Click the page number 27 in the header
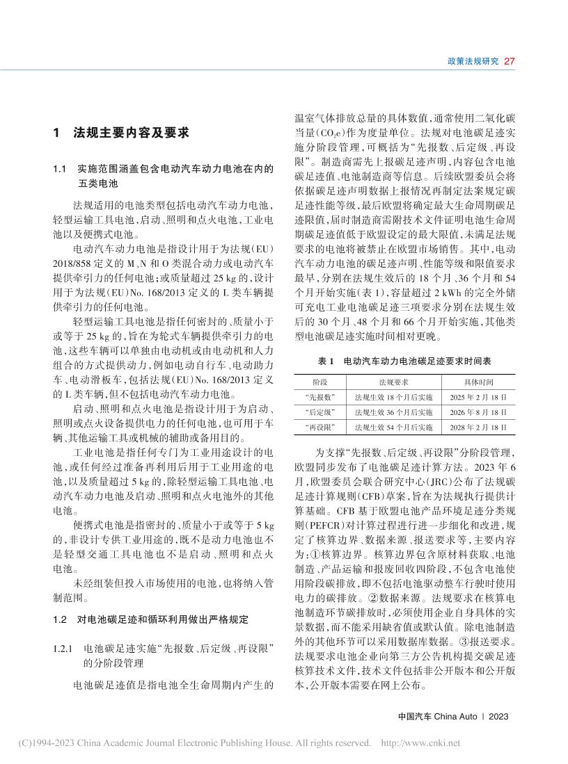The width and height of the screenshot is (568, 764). pyautogui.click(x=508, y=61)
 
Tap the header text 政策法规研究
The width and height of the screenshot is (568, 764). pyautogui.click(x=472, y=61)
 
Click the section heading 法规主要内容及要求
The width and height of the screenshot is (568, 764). pyautogui.click(x=131, y=133)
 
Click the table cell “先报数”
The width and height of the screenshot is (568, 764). pyautogui.click(x=320, y=397)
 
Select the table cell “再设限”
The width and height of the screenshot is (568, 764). pyautogui.click(x=320, y=426)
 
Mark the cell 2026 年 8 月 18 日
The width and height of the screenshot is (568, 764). pyautogui.click(x=479, y=412)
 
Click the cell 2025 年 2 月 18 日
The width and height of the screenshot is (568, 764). pyautogui.click(x=479, y=397)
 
